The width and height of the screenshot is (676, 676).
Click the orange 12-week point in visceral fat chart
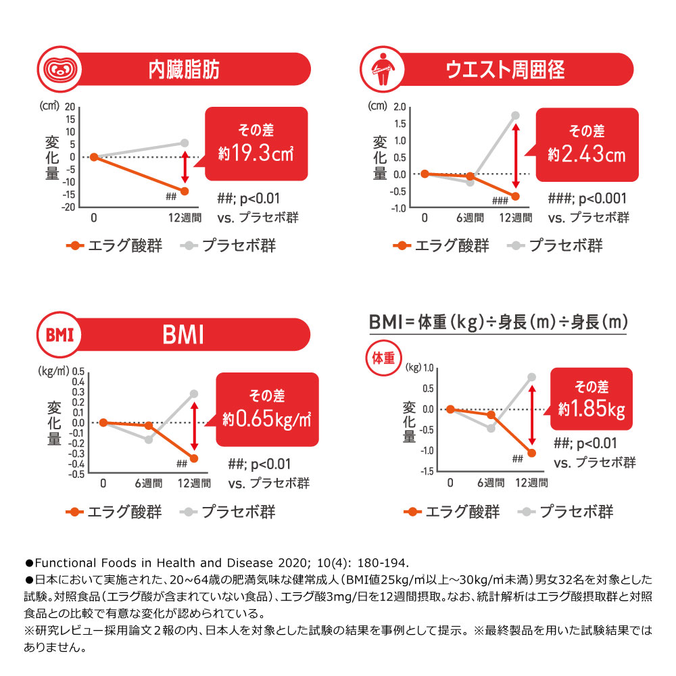click(185, 191)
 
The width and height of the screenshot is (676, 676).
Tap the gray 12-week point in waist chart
click(515, 116)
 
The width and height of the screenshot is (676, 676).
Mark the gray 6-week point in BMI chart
click(149, 439)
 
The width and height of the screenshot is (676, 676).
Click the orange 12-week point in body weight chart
click(531, 453)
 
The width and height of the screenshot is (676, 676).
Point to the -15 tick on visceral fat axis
click(70, 195)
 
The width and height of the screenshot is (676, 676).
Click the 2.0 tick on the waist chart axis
click(399, 107)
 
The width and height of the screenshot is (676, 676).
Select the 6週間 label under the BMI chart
click(149, 483)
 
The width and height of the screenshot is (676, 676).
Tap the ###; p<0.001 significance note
click(587, 199)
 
